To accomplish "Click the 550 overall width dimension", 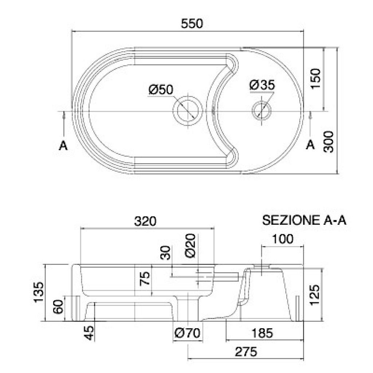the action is (x=192, y=23).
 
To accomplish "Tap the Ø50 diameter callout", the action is (x=161, y=90).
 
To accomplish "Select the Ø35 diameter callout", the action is (x=262, y=85).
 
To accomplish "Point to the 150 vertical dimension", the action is (x=316, y=79).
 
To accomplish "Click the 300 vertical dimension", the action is (x=329, y=142).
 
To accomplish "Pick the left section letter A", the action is (x=63, y=145).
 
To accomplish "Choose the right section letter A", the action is (x=310, y=144).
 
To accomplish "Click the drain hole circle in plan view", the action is (x=188, y=111).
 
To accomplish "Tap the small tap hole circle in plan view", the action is (x=262, y=111).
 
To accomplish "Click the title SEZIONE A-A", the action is (x=304, y=220).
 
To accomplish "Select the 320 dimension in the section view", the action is (x=145, y=221).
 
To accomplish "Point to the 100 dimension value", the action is (x=283, y=239).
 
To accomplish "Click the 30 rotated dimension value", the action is (x=166, y=253).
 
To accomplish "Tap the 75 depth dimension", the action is (x=145, y=278).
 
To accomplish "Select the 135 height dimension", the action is (x=39, y=292).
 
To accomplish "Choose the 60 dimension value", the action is (x=58, y=307).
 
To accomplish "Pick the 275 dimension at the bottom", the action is (x=246, y=352).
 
